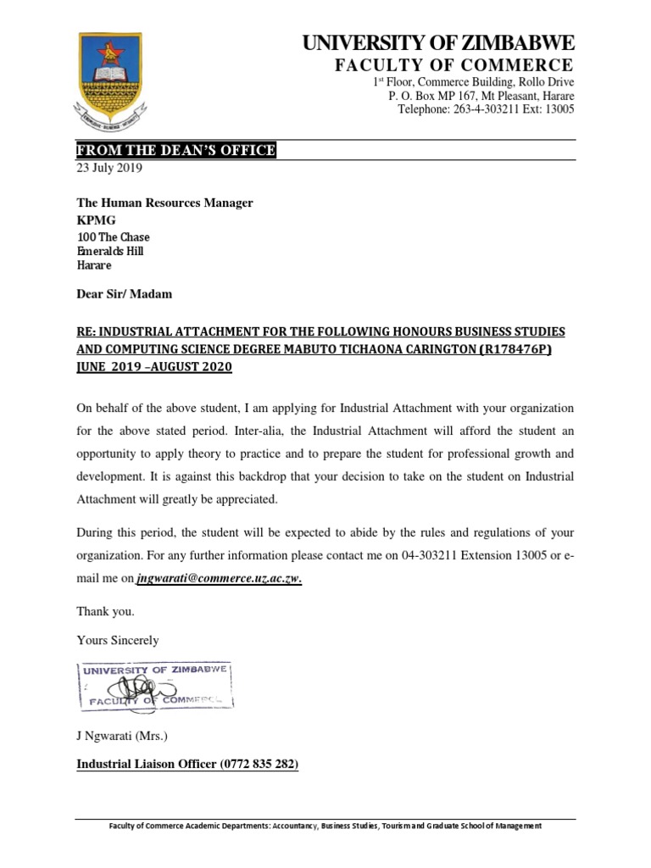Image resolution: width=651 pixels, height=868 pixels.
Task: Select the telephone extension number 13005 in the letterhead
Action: click(558, 109)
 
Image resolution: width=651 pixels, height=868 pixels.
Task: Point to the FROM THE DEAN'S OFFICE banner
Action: click(176, 151)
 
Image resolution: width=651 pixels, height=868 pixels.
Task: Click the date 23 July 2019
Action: click(109, 168)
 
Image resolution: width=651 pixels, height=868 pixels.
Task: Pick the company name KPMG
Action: click(95, 220)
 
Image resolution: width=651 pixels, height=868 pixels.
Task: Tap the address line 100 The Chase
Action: click(113, 237)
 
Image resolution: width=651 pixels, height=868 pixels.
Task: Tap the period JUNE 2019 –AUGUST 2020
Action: click(153, 367)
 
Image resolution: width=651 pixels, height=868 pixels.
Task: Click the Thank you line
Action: click(105, 611)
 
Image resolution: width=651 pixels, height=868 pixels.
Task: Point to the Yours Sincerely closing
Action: click(118, 641)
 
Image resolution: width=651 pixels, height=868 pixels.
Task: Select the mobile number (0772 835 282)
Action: click(259, 764)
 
